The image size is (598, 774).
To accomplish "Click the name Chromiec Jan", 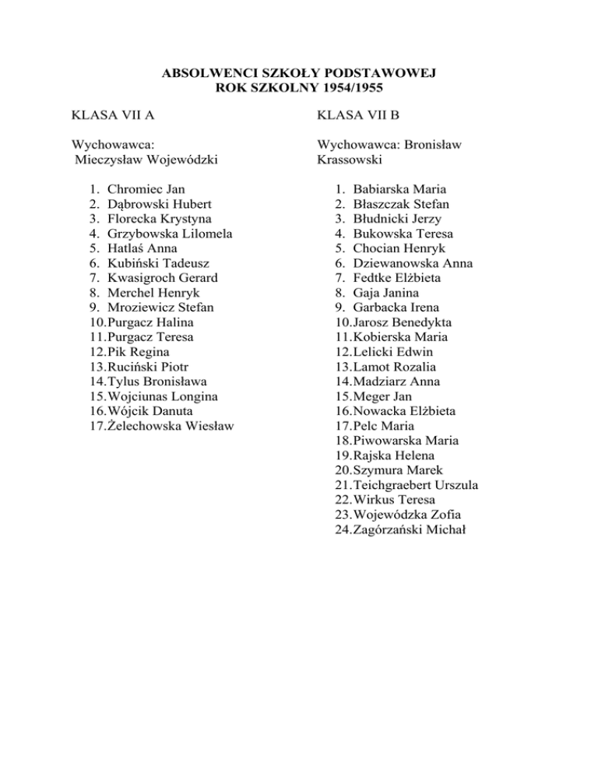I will (x=147, y=189).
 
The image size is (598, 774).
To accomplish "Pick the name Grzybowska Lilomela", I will (x=171, y=234).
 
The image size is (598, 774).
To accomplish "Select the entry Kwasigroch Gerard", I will (x=163, y=278).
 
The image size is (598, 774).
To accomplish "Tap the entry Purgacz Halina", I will (x=151, y=322).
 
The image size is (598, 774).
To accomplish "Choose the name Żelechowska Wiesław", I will (x=171, y=426).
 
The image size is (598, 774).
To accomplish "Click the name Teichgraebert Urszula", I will (x=415, y=485).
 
